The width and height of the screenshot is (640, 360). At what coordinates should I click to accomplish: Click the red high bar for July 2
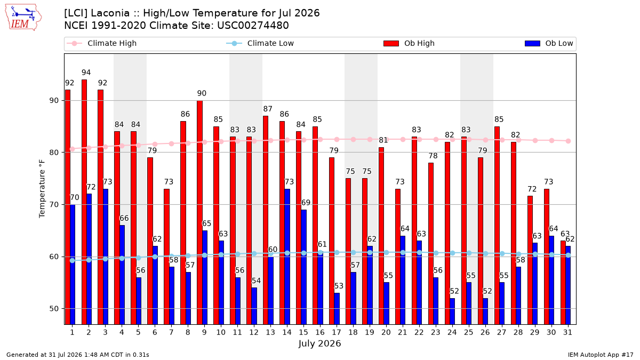point(84,202)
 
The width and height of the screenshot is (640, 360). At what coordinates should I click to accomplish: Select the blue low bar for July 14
point(287,257)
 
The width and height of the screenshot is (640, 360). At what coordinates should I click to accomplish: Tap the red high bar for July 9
point(199,212)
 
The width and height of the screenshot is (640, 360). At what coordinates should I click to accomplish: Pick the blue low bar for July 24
point(452,311)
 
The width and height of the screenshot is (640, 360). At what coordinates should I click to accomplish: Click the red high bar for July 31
point(563,283)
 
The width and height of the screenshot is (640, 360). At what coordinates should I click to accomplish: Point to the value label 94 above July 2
point(86,73)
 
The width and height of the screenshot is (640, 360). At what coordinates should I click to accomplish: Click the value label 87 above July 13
point(268,109)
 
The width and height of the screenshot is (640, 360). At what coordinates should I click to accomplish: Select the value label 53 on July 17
point(339,286)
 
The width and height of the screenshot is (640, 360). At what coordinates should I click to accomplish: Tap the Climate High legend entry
point(102,43)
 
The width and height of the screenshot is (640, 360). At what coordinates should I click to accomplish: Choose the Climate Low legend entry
point(260,43)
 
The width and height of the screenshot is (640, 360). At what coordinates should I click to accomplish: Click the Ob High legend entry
point(409,43)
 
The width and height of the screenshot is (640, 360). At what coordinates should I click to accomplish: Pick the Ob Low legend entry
point(549,43)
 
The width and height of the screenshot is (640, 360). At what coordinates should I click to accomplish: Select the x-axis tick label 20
point(386,332)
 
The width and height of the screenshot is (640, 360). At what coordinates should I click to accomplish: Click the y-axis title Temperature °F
point(42,189)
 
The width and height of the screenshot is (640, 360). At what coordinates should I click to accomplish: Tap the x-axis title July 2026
point(319,343)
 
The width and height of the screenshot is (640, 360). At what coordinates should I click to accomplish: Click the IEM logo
point(23,18)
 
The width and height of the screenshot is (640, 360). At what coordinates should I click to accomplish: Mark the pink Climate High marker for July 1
point(73,149)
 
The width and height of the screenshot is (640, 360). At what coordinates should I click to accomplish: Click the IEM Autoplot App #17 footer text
point(601,355)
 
